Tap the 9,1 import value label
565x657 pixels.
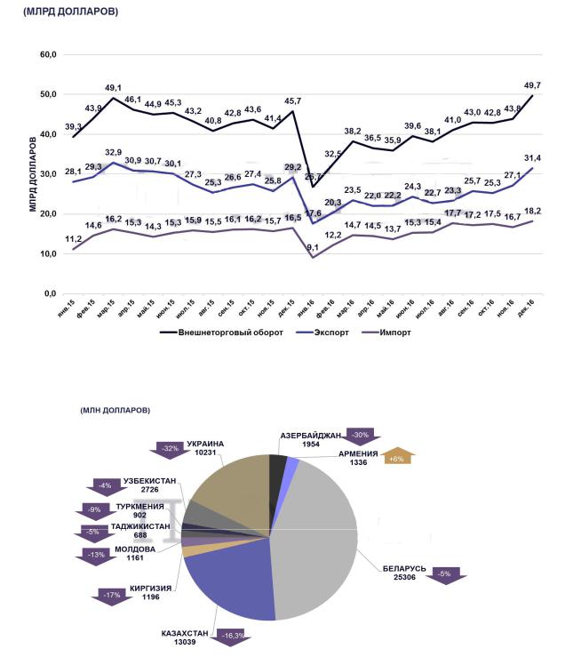[x=314, y=247]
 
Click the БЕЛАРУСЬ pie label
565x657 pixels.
[x=404, y=567]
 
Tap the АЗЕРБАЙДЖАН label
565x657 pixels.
[x=310, y=436]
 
